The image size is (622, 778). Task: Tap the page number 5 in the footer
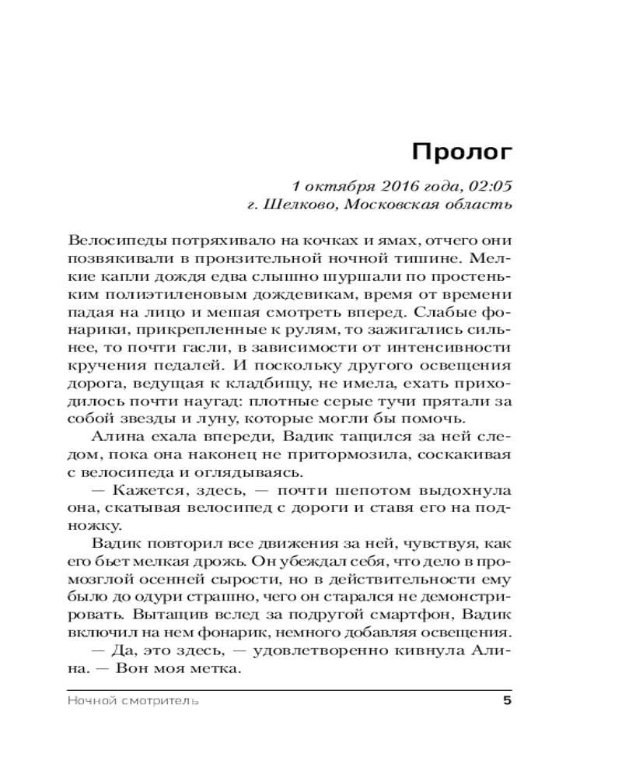507,701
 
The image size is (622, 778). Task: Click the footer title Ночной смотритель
133,701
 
